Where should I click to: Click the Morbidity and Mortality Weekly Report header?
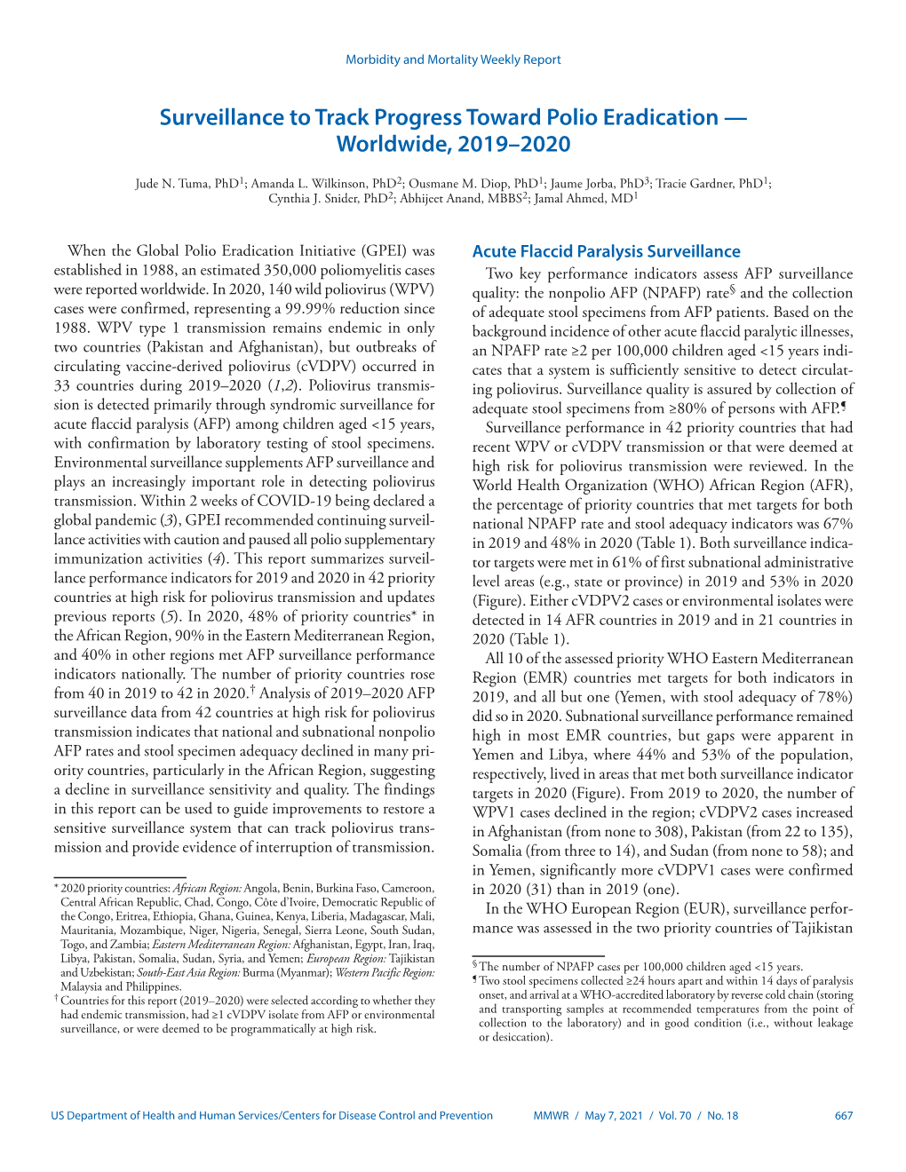click(x=453, y=59)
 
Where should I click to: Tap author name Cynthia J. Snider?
click(x=309, y=199)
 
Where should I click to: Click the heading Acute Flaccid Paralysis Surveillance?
click(x=606, y=251)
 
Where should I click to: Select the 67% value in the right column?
click(x=837, y=524)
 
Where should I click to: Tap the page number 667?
click(x=843, y=1116)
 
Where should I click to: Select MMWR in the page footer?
click(x=551, y=1116)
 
